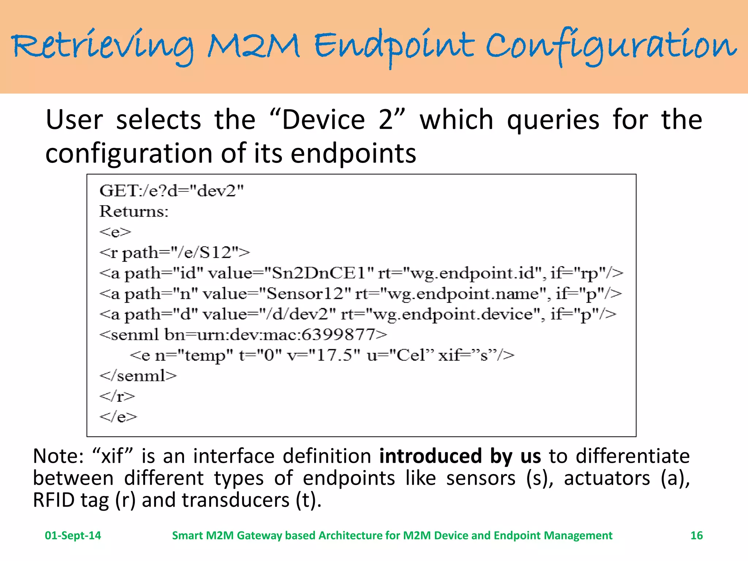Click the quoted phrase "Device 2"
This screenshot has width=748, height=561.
click(x=337, y=120)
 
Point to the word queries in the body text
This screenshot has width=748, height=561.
click(x=553, y=120)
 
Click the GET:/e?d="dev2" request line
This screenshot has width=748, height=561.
click(x=171, y=191)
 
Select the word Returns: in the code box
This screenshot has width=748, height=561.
click(x=134, y=211)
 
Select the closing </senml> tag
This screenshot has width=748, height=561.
click(x=138, y=376)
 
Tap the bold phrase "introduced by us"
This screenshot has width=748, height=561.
click(x=460, y=457)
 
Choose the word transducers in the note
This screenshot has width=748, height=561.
click(x=236, y=500)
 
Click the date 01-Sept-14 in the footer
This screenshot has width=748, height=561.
click(x=73, y=535)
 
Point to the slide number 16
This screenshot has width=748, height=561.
click(x=697, y=535)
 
